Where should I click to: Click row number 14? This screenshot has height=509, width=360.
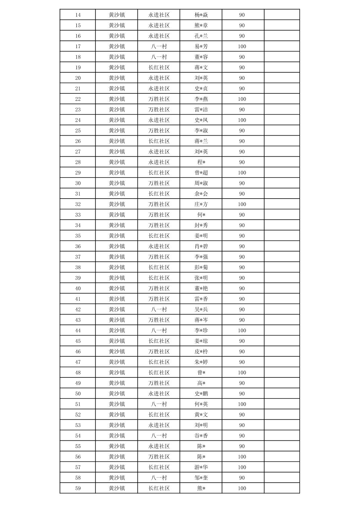(78, 15)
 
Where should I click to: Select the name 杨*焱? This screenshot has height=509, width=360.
(201, 15)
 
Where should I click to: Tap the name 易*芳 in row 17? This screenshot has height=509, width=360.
(201, 47)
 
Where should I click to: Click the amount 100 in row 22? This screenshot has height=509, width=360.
(242, 99)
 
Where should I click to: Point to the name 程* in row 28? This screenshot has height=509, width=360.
(201, 162)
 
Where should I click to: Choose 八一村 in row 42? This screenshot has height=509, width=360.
(159, 309)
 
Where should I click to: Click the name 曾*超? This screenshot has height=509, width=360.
(201, 173)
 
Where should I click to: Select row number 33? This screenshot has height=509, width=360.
(78, 215)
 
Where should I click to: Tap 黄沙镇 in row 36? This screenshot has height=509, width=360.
(117, 246)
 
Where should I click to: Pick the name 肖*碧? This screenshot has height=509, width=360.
(201, 246)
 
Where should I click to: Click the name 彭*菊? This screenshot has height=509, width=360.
(201, 267)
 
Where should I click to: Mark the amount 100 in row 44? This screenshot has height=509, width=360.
(242, 331)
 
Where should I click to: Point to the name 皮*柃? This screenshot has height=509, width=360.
(201, 352)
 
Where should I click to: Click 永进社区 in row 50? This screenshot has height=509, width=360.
(159, 393)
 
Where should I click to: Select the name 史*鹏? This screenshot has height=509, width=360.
(201, 393)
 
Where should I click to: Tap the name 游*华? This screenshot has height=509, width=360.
(201, 467)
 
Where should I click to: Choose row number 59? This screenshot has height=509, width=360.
(78, 488)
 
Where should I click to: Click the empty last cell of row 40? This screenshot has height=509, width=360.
(282, 288)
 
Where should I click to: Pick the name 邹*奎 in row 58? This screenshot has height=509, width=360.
(201, 478)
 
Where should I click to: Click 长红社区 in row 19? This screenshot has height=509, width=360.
(159, 68)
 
